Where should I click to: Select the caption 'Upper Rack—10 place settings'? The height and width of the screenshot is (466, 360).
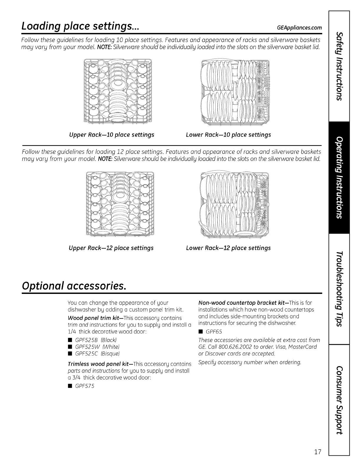tap(111, 135)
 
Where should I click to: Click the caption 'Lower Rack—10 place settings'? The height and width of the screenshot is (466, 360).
tap(229, 135)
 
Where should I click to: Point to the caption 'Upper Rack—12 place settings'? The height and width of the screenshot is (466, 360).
tap(111, 248)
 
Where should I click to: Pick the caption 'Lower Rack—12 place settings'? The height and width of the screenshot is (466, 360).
tap(228, 248)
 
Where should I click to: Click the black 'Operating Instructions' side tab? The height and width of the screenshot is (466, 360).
tap(339, 178)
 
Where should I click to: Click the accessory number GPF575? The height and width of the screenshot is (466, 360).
tap(85, 386)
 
